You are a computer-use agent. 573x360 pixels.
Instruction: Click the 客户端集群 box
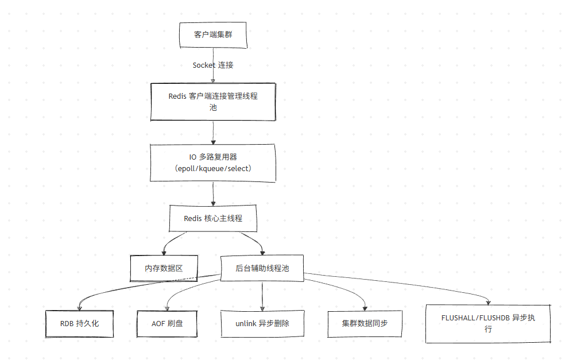[x=213, y=35]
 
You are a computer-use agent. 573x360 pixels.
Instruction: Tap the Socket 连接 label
[x=213, y=65]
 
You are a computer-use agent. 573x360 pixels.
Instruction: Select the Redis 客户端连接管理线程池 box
[x=213, y=102]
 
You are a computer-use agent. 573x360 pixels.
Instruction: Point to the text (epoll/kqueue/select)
[x=213, y=169]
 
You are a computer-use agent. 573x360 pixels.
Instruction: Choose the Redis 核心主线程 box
[x=213, y=218]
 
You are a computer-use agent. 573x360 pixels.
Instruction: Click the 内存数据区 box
[x=164, y=268]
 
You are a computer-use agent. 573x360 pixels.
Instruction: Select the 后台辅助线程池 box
[x=262, y=268]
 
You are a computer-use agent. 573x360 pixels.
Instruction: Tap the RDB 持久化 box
[x=79, y=323]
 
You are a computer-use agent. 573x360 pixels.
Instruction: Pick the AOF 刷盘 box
[x=167, y=323]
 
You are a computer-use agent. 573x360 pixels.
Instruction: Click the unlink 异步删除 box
[x=262, y=323]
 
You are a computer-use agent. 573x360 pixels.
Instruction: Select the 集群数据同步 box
[x=365, y=323]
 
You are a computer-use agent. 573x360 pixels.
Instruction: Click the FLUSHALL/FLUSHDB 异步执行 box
[x=488, y=323]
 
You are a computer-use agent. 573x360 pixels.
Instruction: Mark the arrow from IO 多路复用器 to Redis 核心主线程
[x=213, y=194]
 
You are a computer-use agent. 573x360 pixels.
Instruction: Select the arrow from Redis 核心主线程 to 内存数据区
[x=171, y=240]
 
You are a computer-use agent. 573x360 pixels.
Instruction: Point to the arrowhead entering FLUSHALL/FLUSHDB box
[x=488, y=302]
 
